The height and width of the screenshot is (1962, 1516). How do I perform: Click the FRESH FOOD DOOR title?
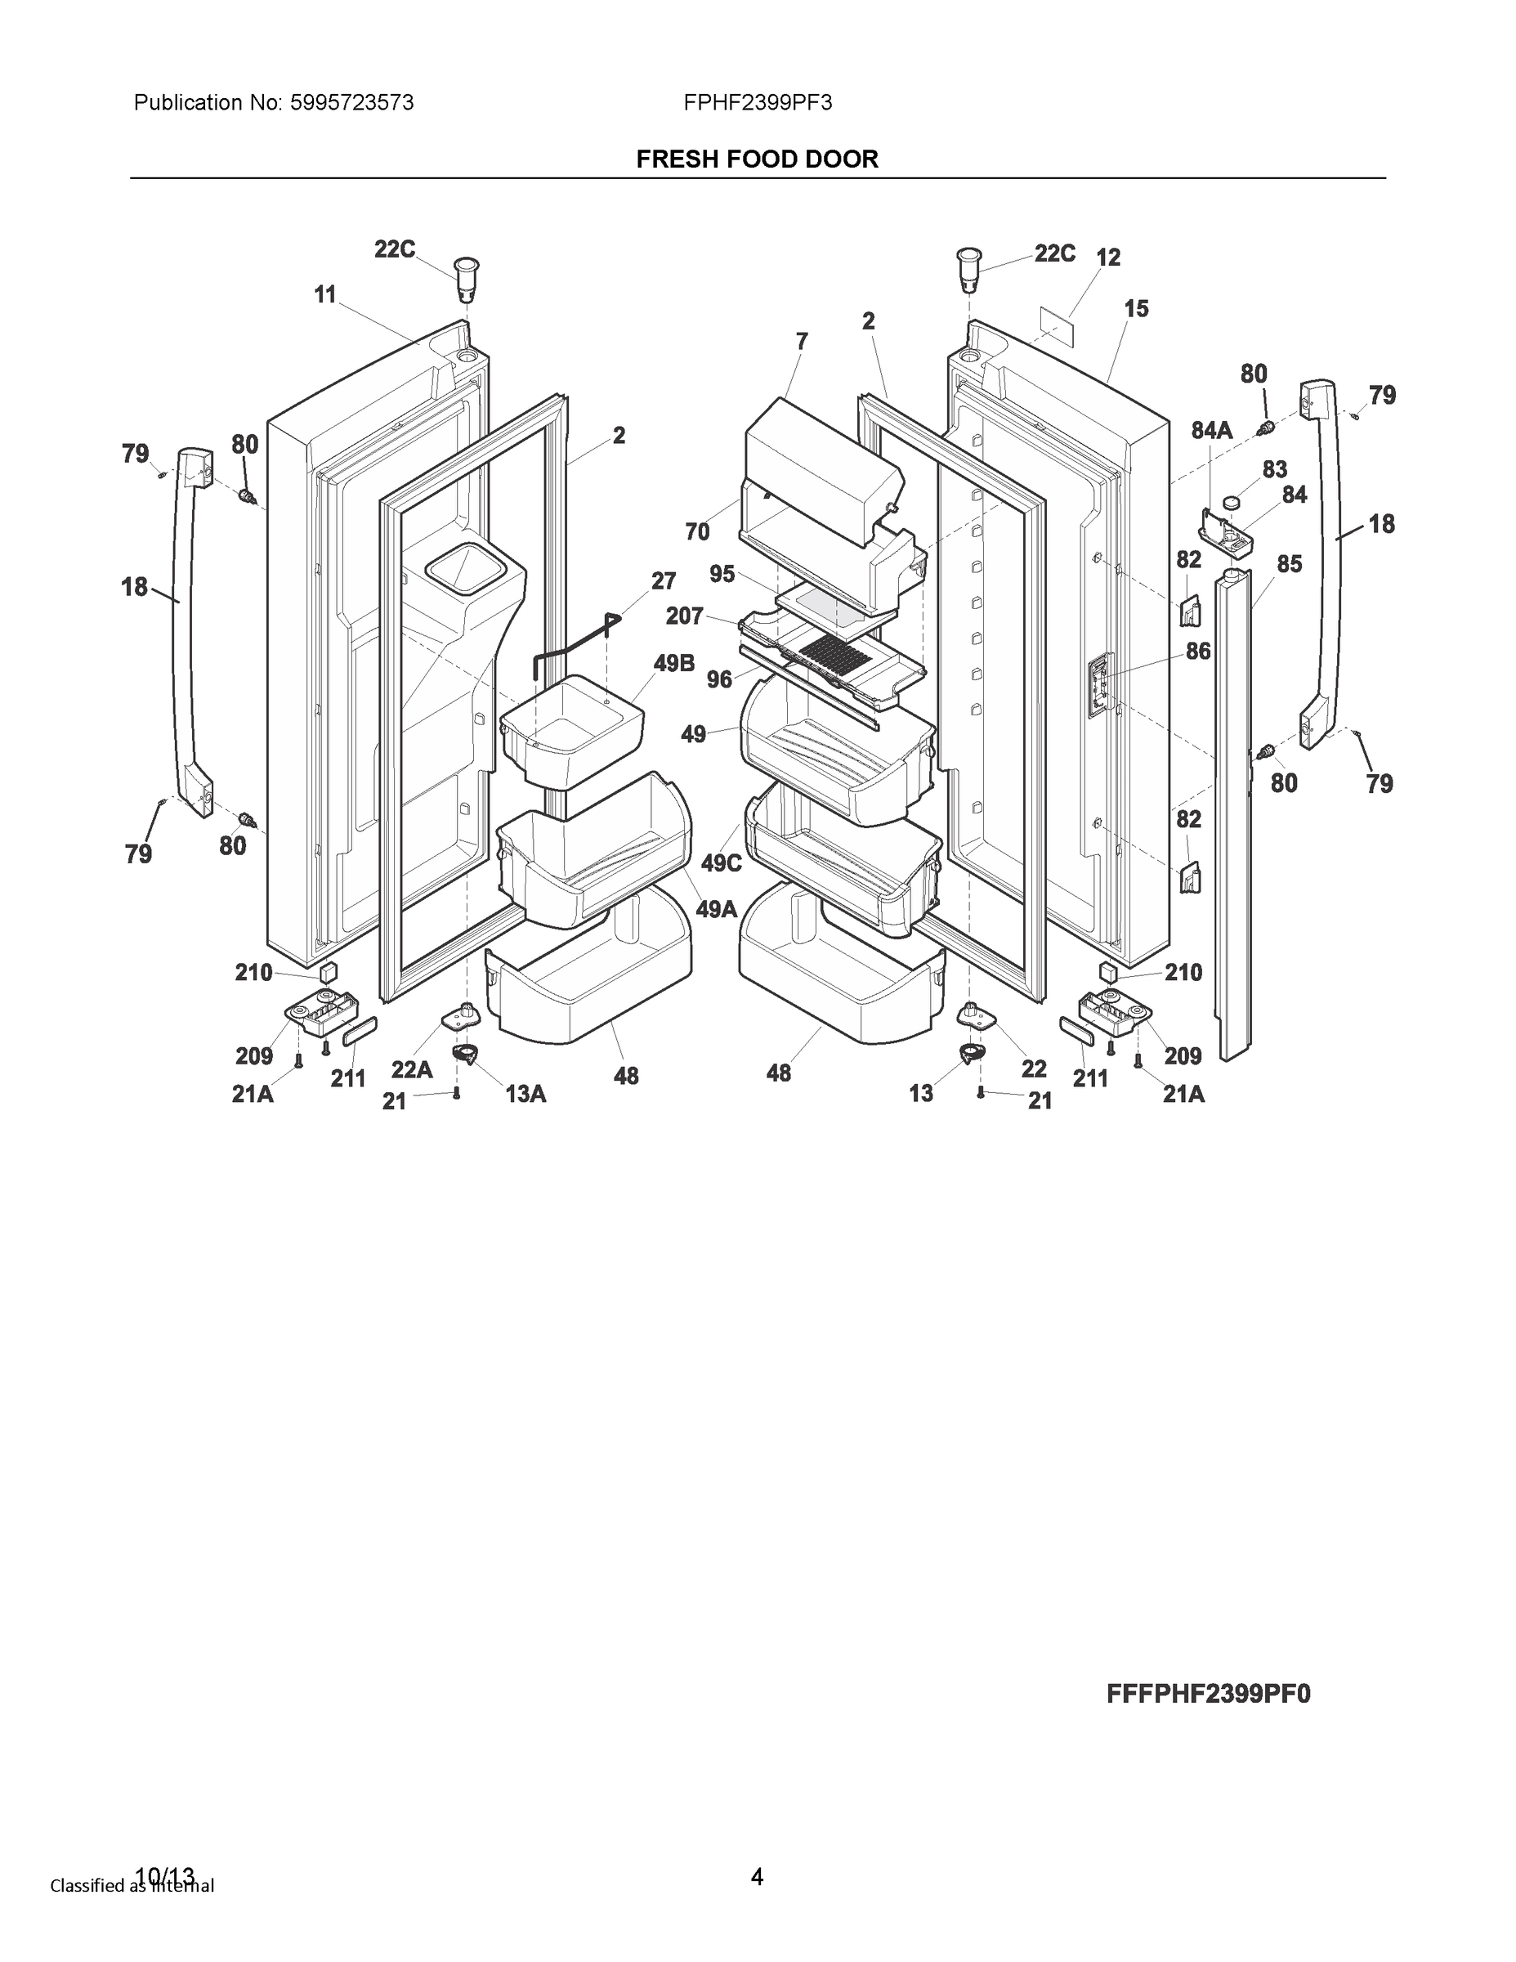tap(757, 159)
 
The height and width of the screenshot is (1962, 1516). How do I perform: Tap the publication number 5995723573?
tap(351, 103)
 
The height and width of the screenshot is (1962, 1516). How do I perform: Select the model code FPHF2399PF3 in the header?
tap(757, 103)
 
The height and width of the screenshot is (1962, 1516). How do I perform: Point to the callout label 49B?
tap(674, 663)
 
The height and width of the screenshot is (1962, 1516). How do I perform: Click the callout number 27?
tap(663, 581)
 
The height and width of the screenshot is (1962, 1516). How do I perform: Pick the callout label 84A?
tap(1211, 431)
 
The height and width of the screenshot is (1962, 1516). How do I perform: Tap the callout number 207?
tap(684, 616)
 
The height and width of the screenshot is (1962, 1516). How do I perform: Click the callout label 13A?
tap(525, 1093)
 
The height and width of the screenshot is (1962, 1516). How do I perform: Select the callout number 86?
tap(1198, 652)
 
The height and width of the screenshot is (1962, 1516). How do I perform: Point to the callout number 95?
tap(722, 574)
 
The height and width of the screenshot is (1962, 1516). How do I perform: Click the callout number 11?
tap(325, 293)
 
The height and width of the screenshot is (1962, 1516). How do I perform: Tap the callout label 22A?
tap(411, 1069)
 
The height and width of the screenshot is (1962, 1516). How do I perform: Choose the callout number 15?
tap(1136, 309)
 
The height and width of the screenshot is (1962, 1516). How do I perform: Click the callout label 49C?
tap(721, 863)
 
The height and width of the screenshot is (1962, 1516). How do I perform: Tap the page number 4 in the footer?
tap(757, 1877)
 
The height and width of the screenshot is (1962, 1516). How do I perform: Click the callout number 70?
tap(697, 532)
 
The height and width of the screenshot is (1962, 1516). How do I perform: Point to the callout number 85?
tap(1289, 564)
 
